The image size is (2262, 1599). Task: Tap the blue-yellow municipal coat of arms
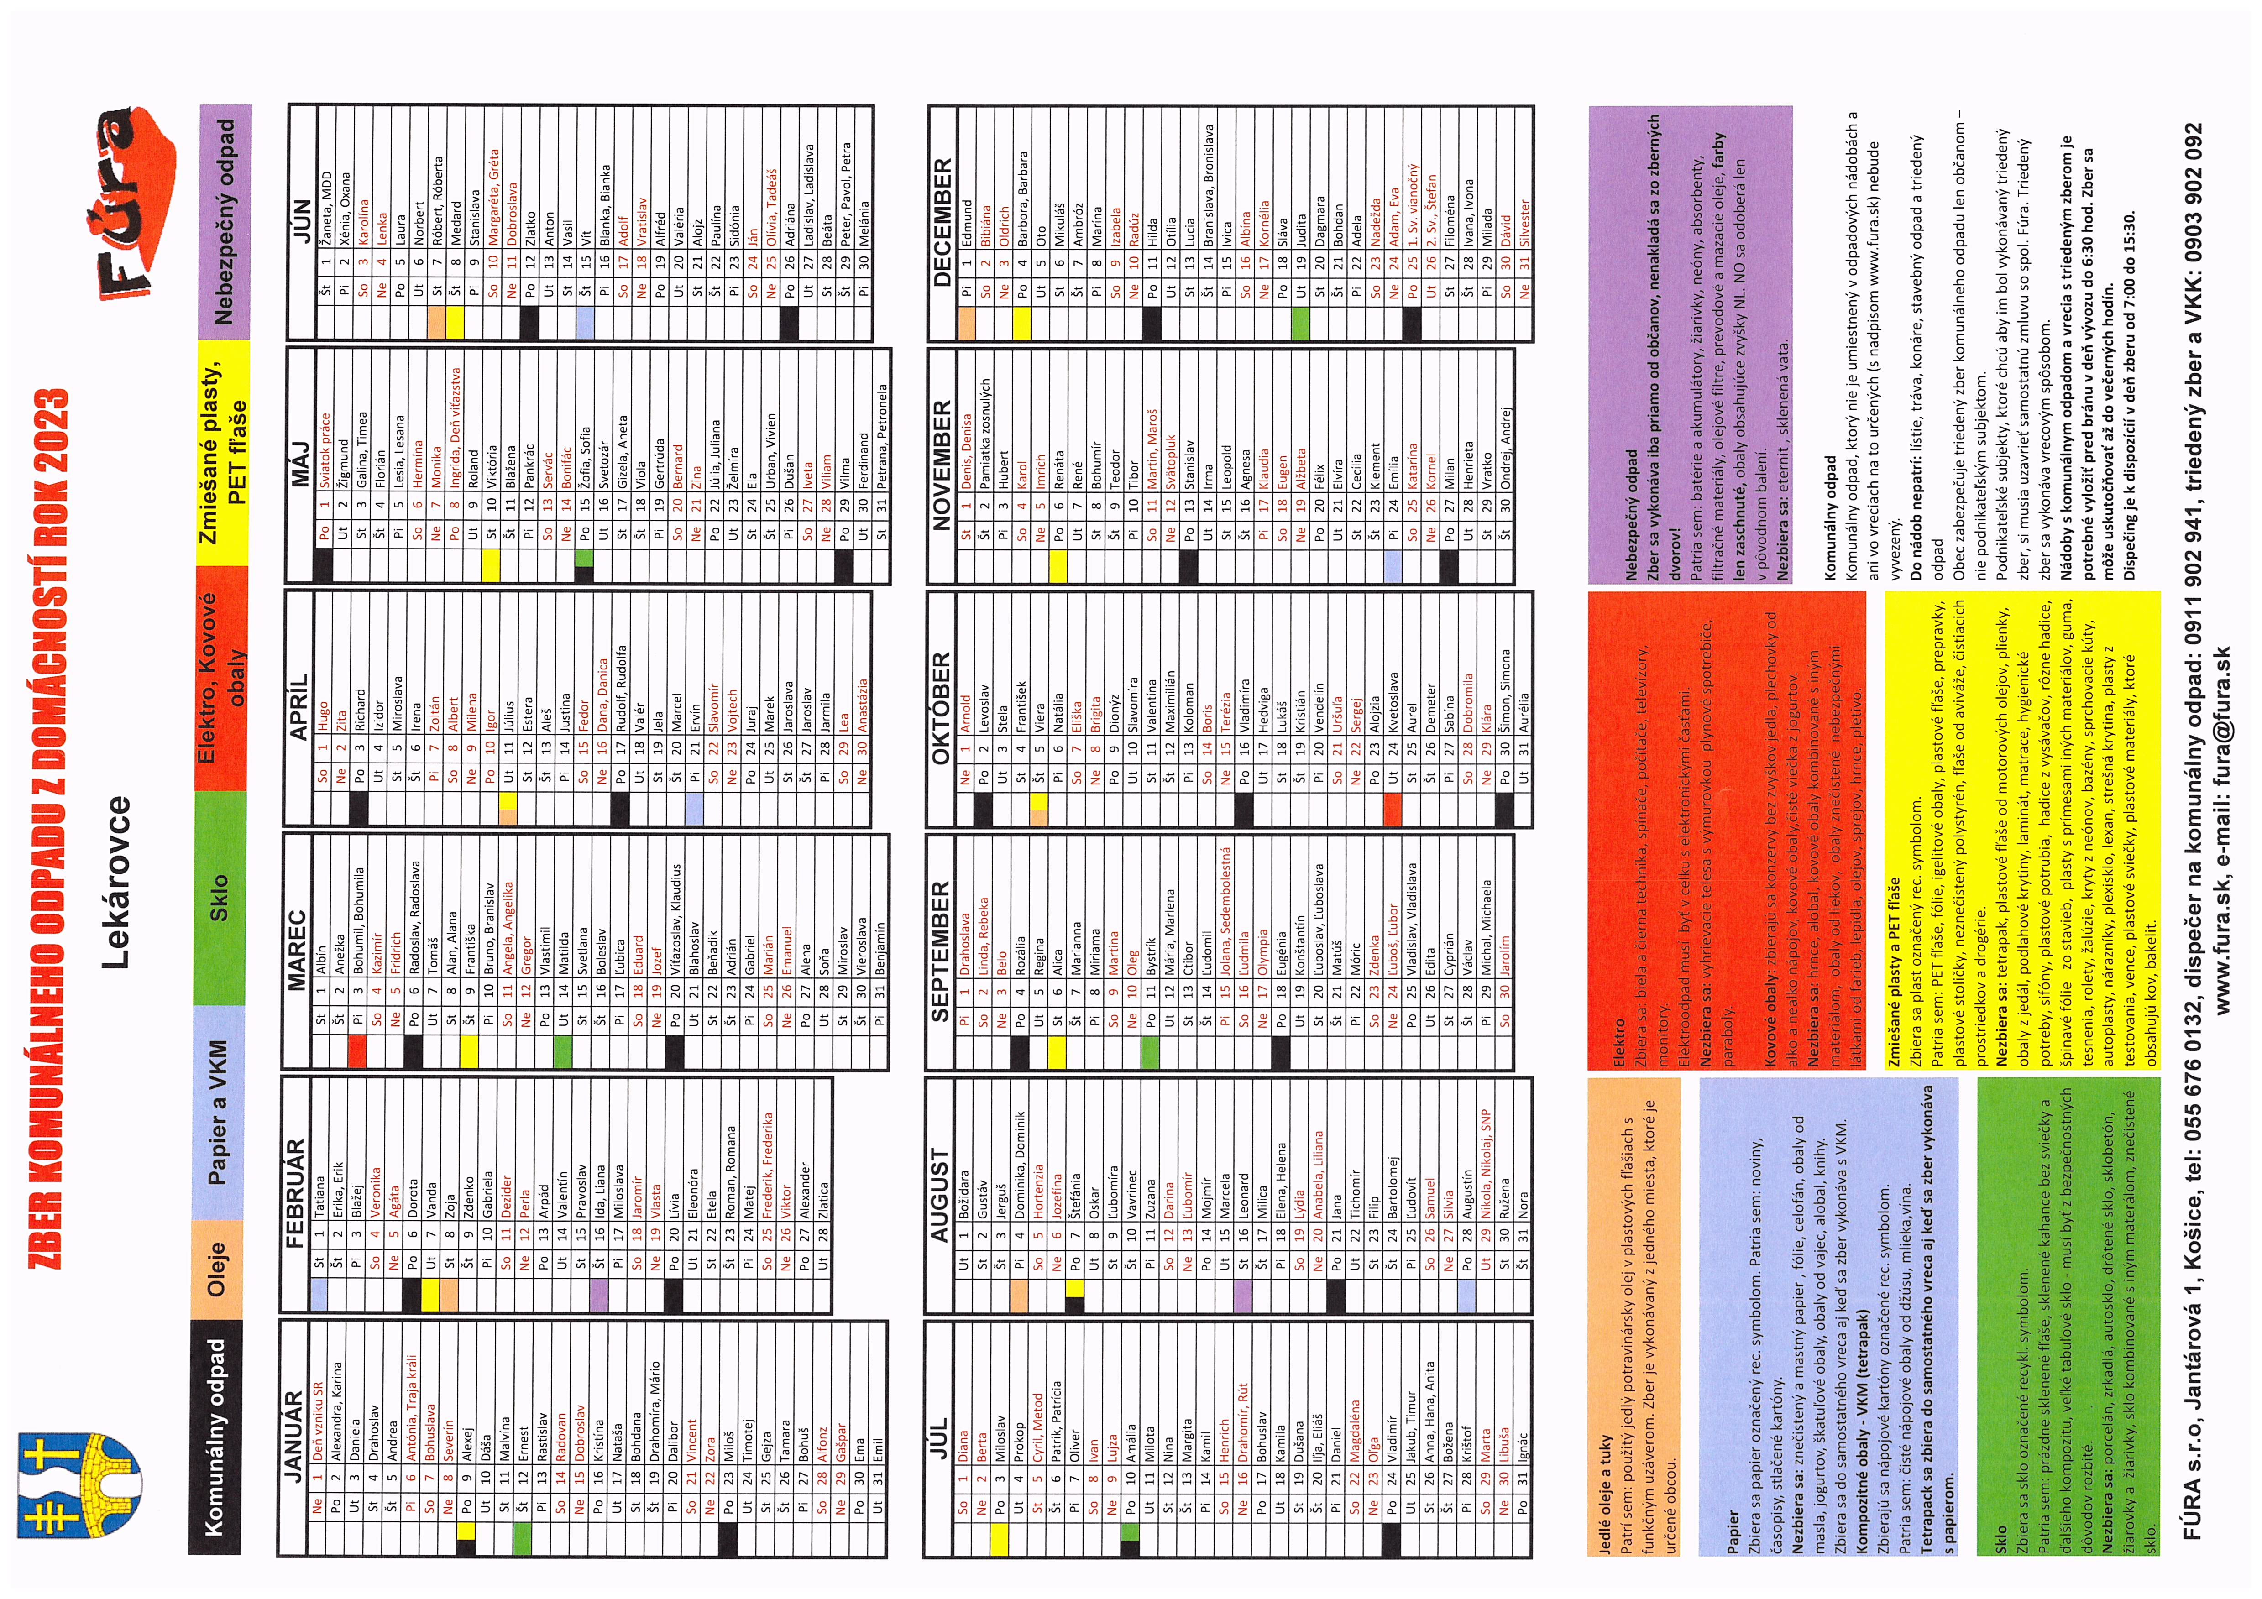[x=79, y=1488]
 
